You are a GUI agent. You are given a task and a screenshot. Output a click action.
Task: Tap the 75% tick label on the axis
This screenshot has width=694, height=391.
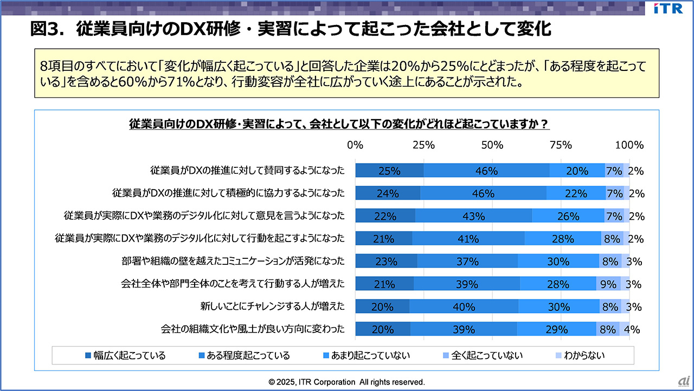561,145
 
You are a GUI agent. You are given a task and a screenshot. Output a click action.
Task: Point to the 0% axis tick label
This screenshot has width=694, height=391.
355,145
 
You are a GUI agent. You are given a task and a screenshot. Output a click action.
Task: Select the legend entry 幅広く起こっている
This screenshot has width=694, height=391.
125,355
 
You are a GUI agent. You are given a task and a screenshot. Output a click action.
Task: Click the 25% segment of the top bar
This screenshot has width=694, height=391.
389,171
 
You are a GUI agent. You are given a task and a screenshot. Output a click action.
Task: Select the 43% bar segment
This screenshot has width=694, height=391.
473,216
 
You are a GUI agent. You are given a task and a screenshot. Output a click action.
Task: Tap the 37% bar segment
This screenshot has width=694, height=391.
467,262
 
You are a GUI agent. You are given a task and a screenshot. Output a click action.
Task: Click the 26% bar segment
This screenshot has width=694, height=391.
568,216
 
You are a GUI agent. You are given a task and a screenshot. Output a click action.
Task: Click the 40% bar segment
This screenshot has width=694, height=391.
464,307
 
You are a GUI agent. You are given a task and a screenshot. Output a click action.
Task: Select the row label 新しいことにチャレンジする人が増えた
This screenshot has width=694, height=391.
272,307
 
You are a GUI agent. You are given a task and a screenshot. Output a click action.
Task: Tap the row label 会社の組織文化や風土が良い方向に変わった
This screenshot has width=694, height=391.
253,329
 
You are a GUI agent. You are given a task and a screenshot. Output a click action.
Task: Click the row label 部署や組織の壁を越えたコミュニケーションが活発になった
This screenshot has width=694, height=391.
233,262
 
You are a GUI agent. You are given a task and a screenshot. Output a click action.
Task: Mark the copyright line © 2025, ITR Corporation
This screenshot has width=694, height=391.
347,382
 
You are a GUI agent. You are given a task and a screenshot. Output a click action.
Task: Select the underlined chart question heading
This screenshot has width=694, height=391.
339,125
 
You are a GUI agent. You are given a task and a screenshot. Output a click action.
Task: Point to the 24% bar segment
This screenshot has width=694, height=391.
388,193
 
